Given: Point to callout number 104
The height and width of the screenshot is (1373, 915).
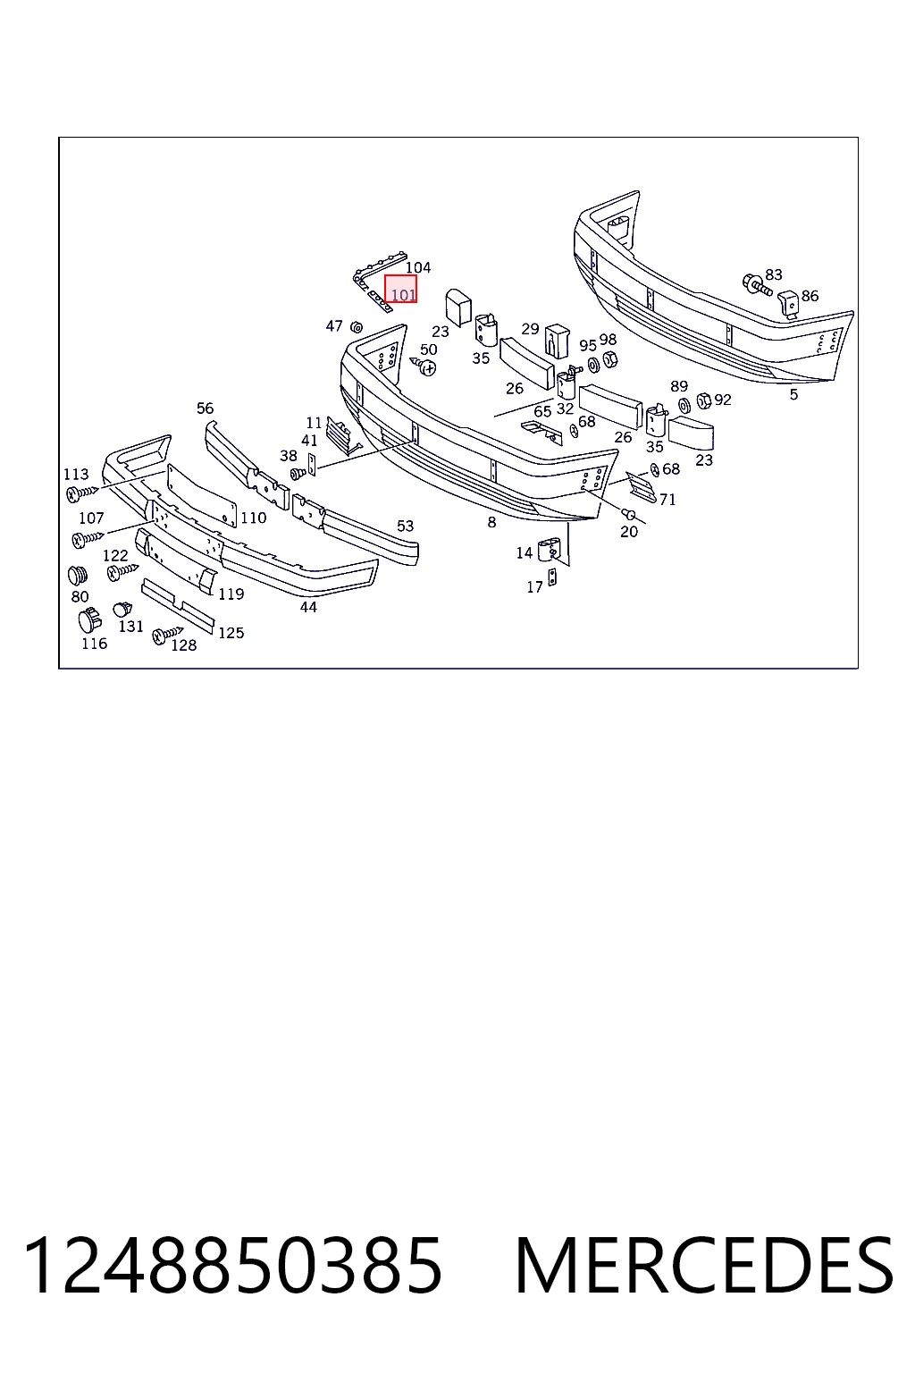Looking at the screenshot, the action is tap(418, 267).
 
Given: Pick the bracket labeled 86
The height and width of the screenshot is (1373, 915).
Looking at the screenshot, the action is tap(789, 305).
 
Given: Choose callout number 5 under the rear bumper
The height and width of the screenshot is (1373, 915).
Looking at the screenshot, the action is tap(793, 395).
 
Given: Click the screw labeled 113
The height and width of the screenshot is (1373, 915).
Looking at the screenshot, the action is tap(81, 493).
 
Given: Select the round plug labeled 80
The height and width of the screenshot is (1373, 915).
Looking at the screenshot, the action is tap(77, 576).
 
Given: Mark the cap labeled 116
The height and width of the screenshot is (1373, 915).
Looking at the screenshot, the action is tap(90, 621).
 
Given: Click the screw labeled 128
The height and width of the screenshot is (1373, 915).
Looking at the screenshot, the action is tap(167, 635).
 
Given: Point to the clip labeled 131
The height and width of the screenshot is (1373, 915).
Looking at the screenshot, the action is tap(122, 610).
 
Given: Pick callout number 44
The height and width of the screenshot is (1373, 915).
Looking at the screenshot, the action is tap(308, 607).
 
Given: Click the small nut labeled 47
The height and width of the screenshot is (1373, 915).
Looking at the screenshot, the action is tap(356, 326).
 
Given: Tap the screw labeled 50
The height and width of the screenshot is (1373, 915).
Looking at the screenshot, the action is tap(424, 366).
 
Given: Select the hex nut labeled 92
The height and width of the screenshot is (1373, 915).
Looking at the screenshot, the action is tap(704, 400).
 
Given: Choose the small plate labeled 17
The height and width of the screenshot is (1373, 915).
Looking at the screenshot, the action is tap(551, 577).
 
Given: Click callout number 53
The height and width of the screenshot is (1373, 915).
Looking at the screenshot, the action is tap(405, 526).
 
